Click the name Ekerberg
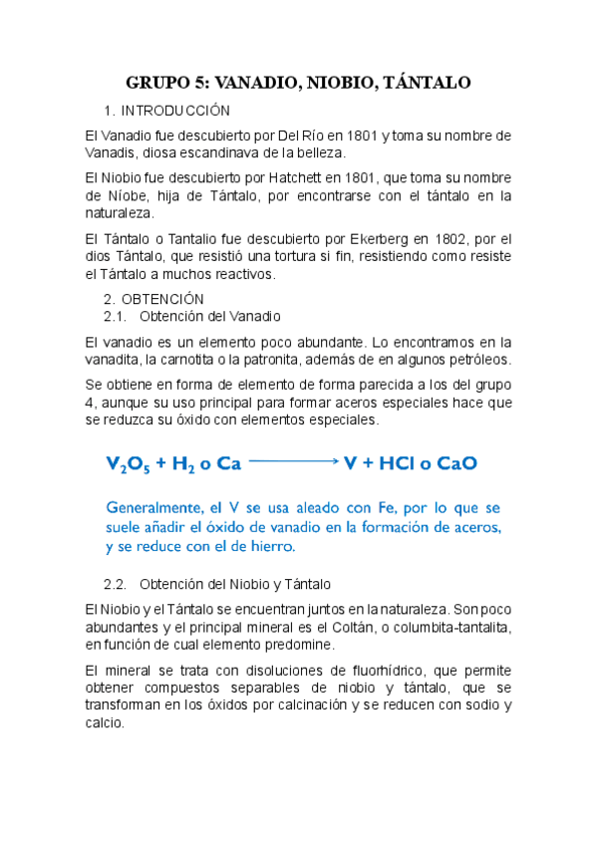coord(371,238)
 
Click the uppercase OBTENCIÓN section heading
coord(161,299)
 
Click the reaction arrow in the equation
coord(294,462)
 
